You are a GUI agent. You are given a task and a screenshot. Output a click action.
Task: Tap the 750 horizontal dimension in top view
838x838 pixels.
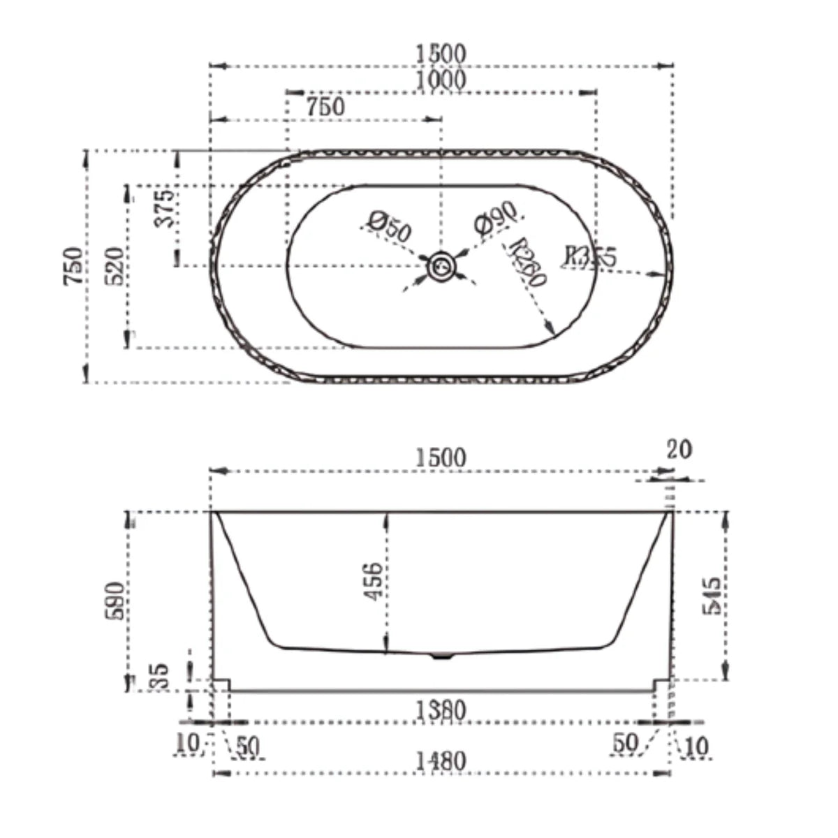click(x=325, y=107)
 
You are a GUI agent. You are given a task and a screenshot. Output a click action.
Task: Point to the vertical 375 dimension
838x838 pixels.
click(x=166, y=208)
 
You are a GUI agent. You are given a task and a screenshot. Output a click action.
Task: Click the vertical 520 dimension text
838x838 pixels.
click(x=116, y=265)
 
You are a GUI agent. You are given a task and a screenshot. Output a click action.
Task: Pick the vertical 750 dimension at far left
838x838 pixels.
click(x=74, y=265)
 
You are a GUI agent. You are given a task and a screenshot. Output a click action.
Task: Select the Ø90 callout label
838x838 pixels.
click(x=494, y=217)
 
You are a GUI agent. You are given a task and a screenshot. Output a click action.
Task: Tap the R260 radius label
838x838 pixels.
click(x=528, y=262)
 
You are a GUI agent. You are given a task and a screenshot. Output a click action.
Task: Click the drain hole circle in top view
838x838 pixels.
click(x=441, y=266)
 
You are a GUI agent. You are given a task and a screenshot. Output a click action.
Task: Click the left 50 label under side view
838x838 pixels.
click(x=248, y=747)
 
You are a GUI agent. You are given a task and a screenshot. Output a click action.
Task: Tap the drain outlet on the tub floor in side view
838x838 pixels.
click(x=441, y=656)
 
